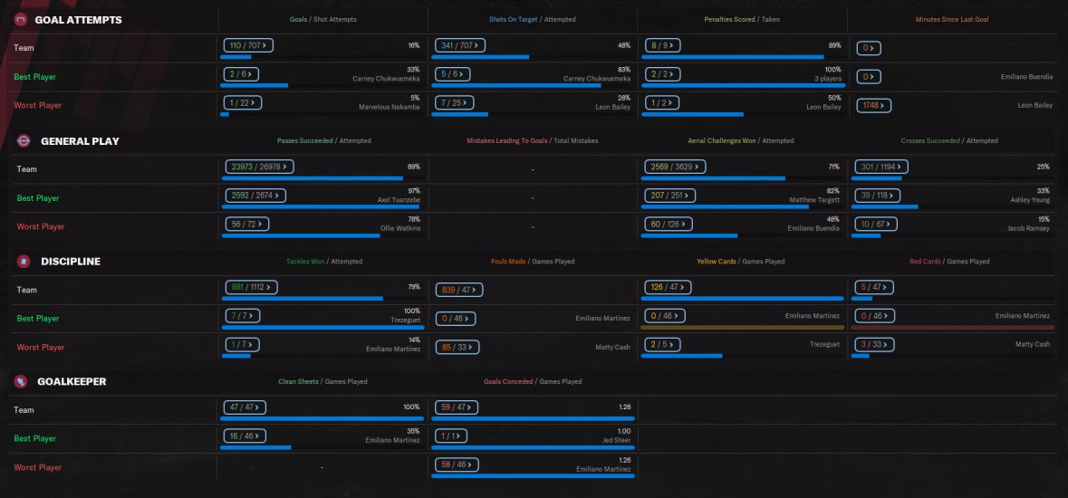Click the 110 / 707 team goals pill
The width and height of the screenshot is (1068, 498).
tap(248, 45)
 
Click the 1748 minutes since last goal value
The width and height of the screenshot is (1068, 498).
tap(873, 105)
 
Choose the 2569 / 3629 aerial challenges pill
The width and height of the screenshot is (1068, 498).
tap(674, 167)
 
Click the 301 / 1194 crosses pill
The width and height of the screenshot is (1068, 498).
tap(881, 167)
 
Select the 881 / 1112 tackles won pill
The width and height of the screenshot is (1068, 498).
tap(253, 288)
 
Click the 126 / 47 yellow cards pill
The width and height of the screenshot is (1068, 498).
tap(668, 288)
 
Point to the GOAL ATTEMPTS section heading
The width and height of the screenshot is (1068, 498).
tap(78, 20)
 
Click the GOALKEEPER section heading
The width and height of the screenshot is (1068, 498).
tap(73, 382)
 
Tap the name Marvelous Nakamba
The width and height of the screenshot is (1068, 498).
tap(389, 107)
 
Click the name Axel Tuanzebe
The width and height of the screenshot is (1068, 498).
tap(399, 199)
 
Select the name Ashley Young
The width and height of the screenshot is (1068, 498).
tap(1031, 199)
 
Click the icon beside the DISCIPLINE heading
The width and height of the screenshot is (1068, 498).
tap(24, 262)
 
